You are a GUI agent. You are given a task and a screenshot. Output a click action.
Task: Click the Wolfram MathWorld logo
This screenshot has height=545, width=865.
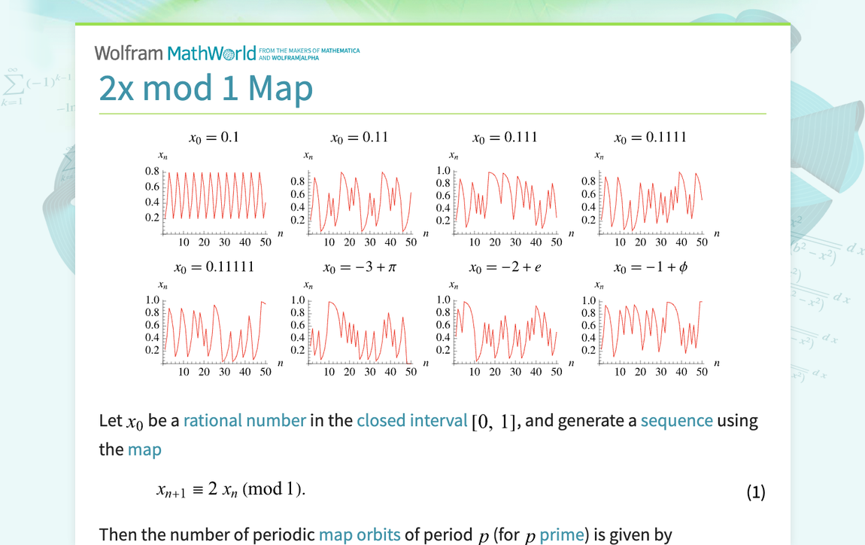(x=175, y=53)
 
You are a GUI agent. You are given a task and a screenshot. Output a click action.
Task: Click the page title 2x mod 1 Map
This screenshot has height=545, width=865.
(x=205, y=89)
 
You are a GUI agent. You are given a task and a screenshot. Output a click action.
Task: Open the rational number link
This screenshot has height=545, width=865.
(x=244, y=421)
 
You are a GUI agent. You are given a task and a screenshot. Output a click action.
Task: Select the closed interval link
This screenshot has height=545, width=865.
(x=411, y=421)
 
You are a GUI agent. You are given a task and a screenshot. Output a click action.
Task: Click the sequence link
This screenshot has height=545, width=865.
(x=676, y=421)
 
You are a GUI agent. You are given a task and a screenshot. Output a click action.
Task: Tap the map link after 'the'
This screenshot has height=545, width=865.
(x=144, y=449)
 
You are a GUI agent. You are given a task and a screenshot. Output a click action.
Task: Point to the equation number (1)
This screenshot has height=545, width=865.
(x=756, y=492)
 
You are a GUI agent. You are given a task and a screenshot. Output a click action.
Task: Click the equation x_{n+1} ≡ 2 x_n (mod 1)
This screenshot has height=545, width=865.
(x=231, y=489)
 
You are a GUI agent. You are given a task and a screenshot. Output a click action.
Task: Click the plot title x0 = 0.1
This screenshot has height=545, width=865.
(x=214, y=138)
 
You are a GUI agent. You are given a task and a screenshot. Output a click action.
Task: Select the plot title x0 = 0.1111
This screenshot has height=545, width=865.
(x=650, y=138)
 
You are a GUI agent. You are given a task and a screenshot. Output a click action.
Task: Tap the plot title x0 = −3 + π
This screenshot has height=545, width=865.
(x=360, y=267)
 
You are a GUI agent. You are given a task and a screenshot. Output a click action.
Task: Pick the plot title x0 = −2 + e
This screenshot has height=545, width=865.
(x=505, y=267)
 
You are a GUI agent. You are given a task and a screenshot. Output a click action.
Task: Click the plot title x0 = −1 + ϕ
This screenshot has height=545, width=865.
(x=650, y=267)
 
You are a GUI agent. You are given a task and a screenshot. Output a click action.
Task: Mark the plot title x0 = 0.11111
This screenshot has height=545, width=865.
(x=214, y=267)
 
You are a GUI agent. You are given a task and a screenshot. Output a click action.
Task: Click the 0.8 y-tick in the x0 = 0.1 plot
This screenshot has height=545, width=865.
(x=152, y=172)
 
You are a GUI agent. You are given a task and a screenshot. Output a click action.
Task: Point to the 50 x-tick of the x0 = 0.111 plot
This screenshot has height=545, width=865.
(x=556, y=242)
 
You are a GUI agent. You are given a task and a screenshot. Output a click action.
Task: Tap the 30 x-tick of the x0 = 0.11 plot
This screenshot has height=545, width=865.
(x=370, y=242)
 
